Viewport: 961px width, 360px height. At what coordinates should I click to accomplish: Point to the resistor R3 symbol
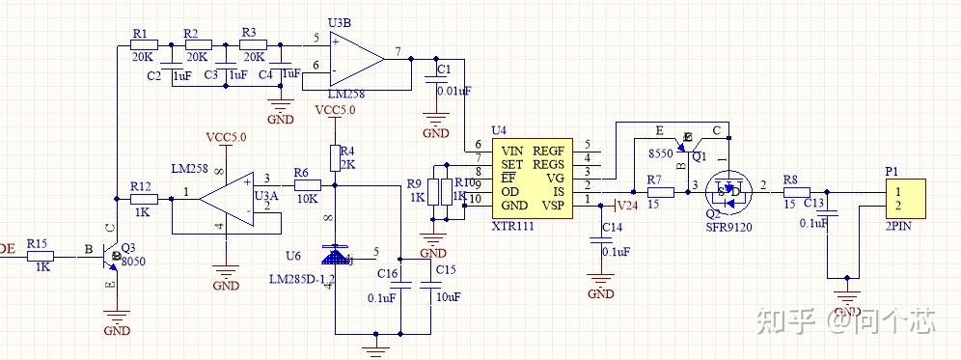click(x=251, y=44)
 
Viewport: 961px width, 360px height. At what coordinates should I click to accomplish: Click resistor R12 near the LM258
click(x=143, y=198)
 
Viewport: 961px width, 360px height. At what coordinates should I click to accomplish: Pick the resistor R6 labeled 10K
click(x=307, y=184)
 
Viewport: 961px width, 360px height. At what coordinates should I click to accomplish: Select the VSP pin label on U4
click(x=553, y=205)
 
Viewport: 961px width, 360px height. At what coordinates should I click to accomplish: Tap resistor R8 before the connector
click(x=797, y=191)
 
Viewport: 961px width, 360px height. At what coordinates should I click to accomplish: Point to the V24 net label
click(x=627, y=206)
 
